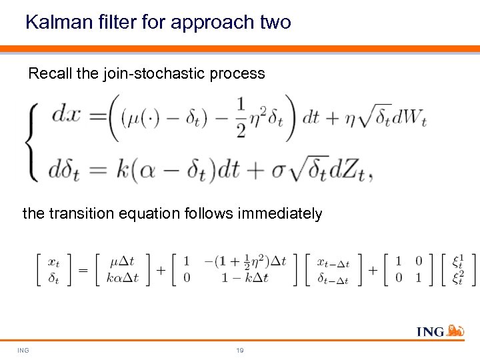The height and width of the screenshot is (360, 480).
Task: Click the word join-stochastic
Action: click(153, 74)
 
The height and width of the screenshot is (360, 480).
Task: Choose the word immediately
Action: click(281, 214)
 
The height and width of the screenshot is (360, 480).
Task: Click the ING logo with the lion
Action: click(439, 331)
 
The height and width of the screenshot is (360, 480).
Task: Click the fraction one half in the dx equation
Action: click(241, 117)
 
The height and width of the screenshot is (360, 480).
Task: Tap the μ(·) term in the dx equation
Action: click(143, 119)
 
